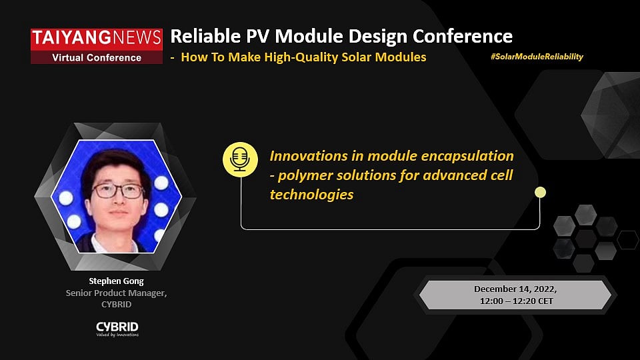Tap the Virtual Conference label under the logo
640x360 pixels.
coord(97,57)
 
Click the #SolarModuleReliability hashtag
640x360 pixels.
coord(537,57)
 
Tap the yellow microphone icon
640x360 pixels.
coord(239,159)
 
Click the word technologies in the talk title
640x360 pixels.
coord(311,195)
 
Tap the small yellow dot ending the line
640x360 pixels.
coord(540,193)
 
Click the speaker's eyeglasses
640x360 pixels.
coord(117,191)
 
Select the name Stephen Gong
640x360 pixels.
coord(117,281)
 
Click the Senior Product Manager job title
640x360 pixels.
coord(117,293)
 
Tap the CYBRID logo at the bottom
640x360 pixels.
coord(117,327)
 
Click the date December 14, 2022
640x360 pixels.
coord(515,289)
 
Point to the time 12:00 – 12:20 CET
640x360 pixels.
coord(515,301)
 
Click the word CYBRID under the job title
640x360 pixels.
coord(117,304)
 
